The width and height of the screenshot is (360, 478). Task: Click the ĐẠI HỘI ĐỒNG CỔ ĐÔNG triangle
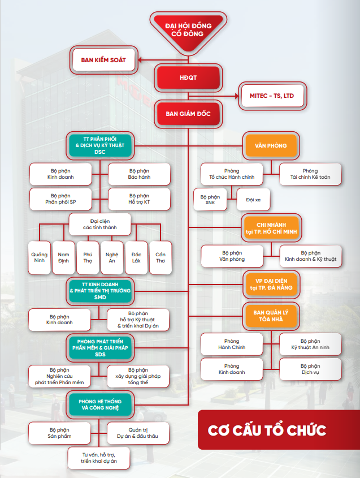188,31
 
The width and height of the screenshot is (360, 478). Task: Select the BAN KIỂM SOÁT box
103,60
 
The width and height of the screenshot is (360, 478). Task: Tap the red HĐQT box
188,77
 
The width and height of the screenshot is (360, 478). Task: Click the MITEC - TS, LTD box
272,96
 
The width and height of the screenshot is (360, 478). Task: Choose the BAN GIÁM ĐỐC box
188,114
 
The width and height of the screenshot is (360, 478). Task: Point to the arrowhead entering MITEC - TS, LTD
237,96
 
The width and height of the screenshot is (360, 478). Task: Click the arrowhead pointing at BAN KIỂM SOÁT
140,60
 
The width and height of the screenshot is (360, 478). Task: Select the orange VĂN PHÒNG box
271,146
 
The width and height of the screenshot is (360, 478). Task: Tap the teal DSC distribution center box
100,146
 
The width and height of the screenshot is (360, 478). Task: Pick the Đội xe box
253,200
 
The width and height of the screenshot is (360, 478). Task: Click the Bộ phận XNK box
210,200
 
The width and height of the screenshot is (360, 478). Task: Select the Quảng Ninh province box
40,257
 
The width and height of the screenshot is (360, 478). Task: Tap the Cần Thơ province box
161,257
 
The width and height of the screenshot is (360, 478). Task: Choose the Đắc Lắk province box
136,257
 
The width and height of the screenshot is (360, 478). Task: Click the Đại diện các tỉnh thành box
100,225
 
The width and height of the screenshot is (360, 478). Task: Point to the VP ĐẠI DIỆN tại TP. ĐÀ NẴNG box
271,285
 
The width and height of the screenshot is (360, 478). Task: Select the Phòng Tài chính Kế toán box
310,174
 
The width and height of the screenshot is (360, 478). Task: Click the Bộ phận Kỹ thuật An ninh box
310,344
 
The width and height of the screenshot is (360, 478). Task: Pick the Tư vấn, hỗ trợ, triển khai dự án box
99,458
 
